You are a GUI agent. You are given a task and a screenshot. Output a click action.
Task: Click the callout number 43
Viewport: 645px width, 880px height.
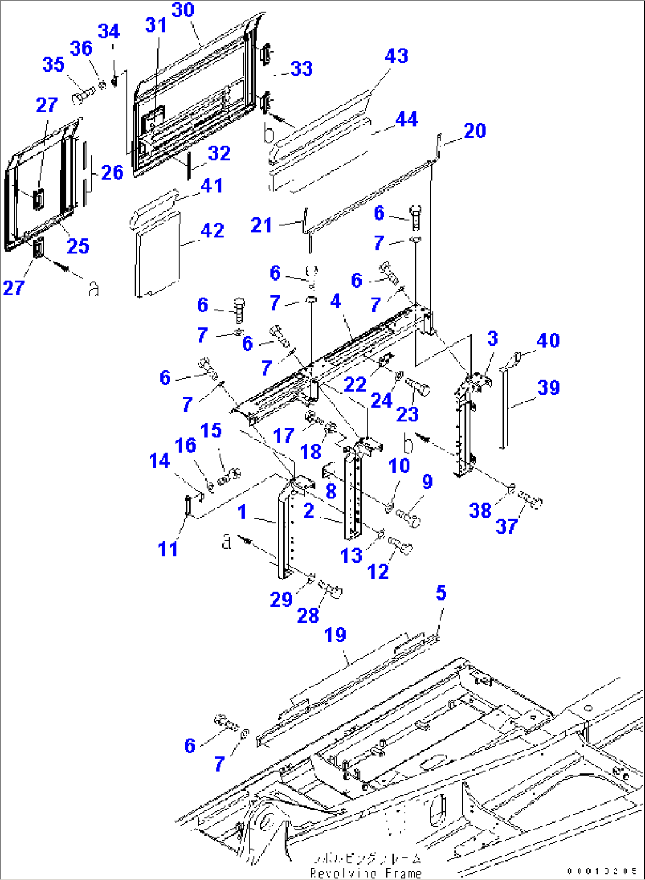396,56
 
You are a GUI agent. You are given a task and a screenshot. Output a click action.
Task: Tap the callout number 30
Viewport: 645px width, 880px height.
183,10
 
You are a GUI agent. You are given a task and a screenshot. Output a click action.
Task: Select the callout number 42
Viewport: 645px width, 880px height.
212,230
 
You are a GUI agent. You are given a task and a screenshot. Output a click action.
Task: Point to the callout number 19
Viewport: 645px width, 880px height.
335,635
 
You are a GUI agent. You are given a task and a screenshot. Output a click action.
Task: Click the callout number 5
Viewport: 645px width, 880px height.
441,593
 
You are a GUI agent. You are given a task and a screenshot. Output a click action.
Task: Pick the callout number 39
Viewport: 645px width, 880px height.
548,388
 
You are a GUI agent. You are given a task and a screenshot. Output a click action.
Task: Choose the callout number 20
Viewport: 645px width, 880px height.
475,131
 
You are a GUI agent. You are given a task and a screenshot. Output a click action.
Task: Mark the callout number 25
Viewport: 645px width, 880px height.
78,246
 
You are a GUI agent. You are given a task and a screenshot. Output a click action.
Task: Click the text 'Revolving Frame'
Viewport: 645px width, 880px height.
366,873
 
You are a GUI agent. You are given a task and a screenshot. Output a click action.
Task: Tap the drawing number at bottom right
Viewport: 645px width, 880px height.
601,871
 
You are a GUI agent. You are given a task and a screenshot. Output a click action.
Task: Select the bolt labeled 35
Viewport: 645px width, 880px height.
83,94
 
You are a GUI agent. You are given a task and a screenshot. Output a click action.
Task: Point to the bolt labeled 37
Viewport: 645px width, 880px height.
530,501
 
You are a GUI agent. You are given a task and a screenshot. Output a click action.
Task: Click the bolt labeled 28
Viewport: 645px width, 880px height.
330,589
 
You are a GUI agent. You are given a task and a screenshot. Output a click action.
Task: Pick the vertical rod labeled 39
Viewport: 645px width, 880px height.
505,408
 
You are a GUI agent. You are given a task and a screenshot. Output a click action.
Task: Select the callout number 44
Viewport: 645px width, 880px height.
407,119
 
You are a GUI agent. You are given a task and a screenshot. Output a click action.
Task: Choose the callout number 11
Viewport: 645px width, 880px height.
167,549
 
